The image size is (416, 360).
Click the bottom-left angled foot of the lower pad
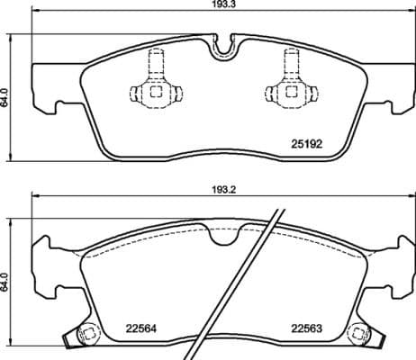point(69,342)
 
